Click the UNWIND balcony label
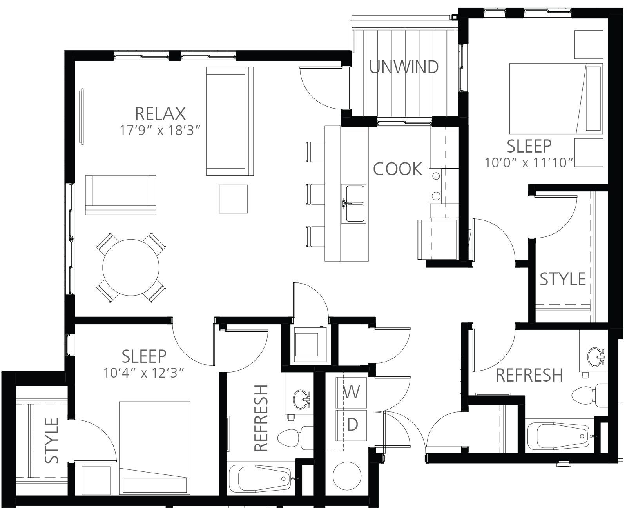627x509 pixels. pyautogui.click(x=404, y=67)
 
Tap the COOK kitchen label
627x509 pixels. pyautogui.click(x=398, y=169)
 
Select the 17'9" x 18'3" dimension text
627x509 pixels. pyautogui.click(x=160, y=130)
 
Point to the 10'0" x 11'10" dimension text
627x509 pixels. pyautogui.click(x=529, y=163)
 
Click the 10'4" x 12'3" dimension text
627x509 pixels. pyautogui.click(x=144, y=373)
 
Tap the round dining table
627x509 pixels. pyautogui.click(x=131, y=267)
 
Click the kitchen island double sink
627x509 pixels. pyautogui.click(x=353, y=204)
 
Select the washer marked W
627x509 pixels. pyautogui.click(x=351, y=393)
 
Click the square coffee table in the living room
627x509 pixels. pyautogui.click(x=234, y=199)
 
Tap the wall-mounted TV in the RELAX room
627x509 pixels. pyautogui.click(x=82, y=116)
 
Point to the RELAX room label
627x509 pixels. pyautogui.click(x=160, y=113)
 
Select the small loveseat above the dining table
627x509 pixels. pyautogui.click(x=121, y=195)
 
